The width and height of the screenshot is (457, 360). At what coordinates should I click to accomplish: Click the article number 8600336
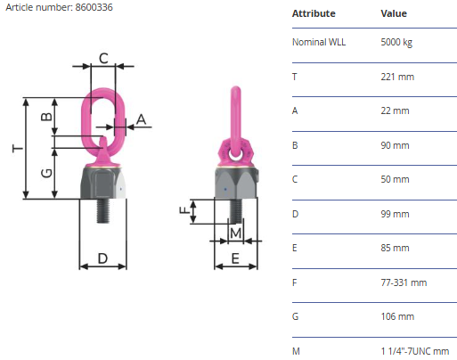(x=94, y=7)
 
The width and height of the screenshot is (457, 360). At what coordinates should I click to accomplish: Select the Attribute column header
(x=314, y=13)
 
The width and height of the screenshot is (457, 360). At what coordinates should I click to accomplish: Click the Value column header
(x=394, y=13)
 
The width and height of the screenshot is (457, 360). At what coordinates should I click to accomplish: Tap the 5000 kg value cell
(x=396, y=42)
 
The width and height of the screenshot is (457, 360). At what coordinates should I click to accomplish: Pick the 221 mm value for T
(x=397, y=77)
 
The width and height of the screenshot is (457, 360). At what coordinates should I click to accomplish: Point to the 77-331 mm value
(x=404, y=282)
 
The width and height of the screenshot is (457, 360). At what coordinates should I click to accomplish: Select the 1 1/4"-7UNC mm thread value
(x=415, y=351)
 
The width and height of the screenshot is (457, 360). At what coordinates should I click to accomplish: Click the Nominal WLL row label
(x=319, y=42)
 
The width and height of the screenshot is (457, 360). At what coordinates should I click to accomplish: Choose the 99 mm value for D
(x=395, y=214)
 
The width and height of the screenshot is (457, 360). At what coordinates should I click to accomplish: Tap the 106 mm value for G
(x=397, y=316)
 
